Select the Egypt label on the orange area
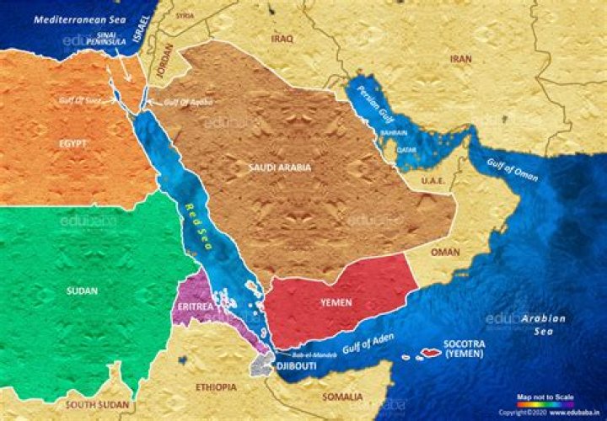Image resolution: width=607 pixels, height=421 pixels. pyautogui.click(x=73, y=144)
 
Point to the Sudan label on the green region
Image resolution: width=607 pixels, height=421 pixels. pyautogui.click(x=81, y=290)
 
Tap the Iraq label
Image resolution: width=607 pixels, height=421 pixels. pyautogui.click(x=282, y=39)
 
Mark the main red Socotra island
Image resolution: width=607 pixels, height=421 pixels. pyautogui.click(x=432, y=352)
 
